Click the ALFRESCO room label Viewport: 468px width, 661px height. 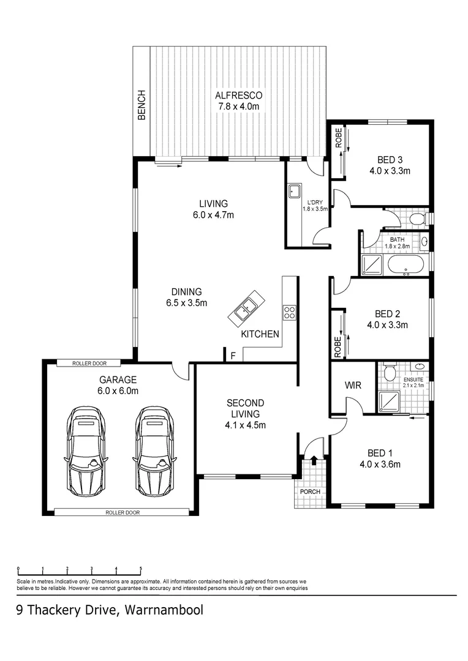tap(238, 95)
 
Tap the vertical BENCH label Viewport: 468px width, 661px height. tap(142, 105)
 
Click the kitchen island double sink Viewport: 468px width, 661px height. tap(247, 308)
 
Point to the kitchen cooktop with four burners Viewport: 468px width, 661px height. tap(289, 313)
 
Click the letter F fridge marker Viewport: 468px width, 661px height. tap(232, 355)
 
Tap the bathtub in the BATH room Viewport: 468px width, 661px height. tap(405, 264)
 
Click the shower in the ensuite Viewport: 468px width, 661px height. tap(388, 400)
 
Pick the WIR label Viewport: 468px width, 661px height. tap(352, 386)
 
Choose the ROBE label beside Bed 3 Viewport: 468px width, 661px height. tap(338, 140)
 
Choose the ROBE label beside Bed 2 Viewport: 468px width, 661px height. tap(338, 347)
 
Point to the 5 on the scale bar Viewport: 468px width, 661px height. tap(140, 569)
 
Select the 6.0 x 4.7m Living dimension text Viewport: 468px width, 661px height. tap(213, 215)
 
